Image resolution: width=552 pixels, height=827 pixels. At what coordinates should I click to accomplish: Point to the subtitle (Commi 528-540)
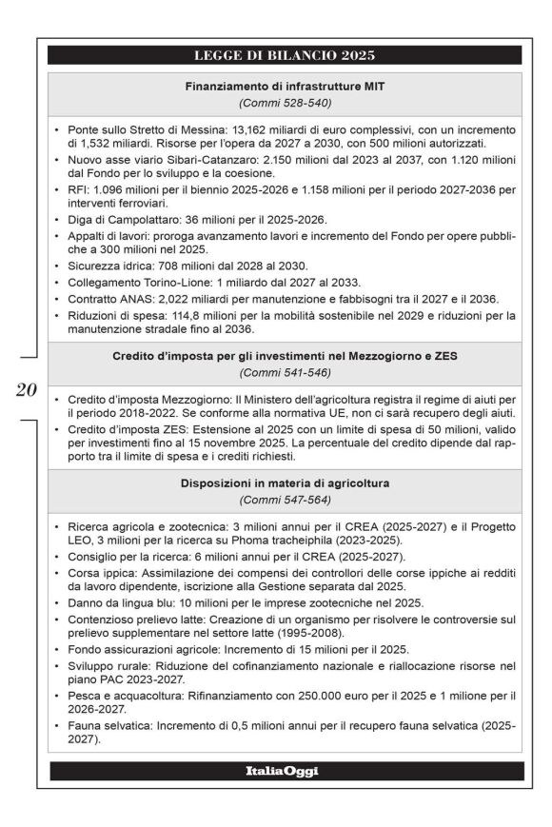click(x=285, y=105)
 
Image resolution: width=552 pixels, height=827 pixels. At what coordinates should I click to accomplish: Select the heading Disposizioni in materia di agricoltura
click(x=285, y=482)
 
